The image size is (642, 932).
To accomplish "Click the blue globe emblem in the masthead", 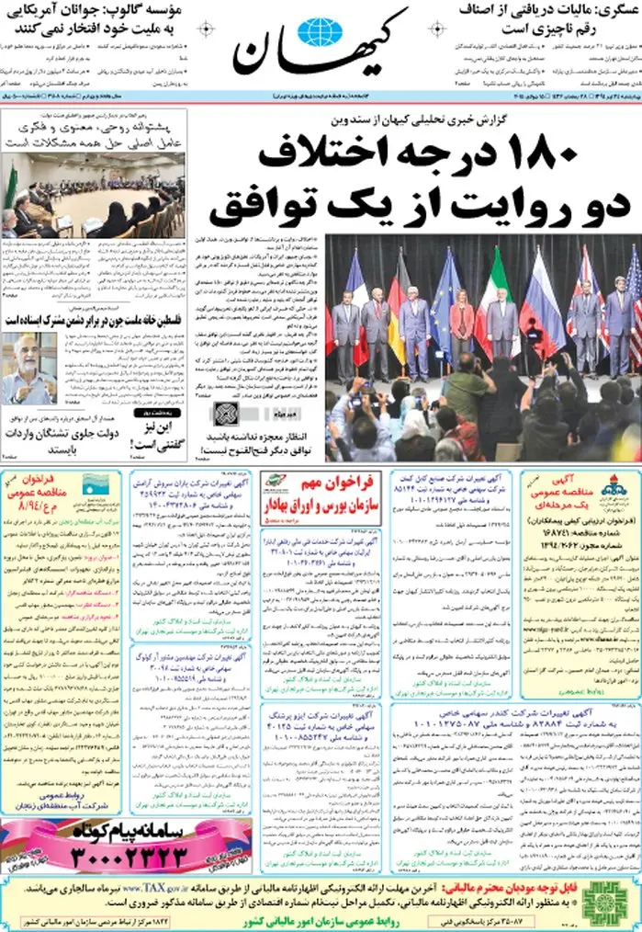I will coord(320,33).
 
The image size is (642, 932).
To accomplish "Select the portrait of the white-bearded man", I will coord(28,368).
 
